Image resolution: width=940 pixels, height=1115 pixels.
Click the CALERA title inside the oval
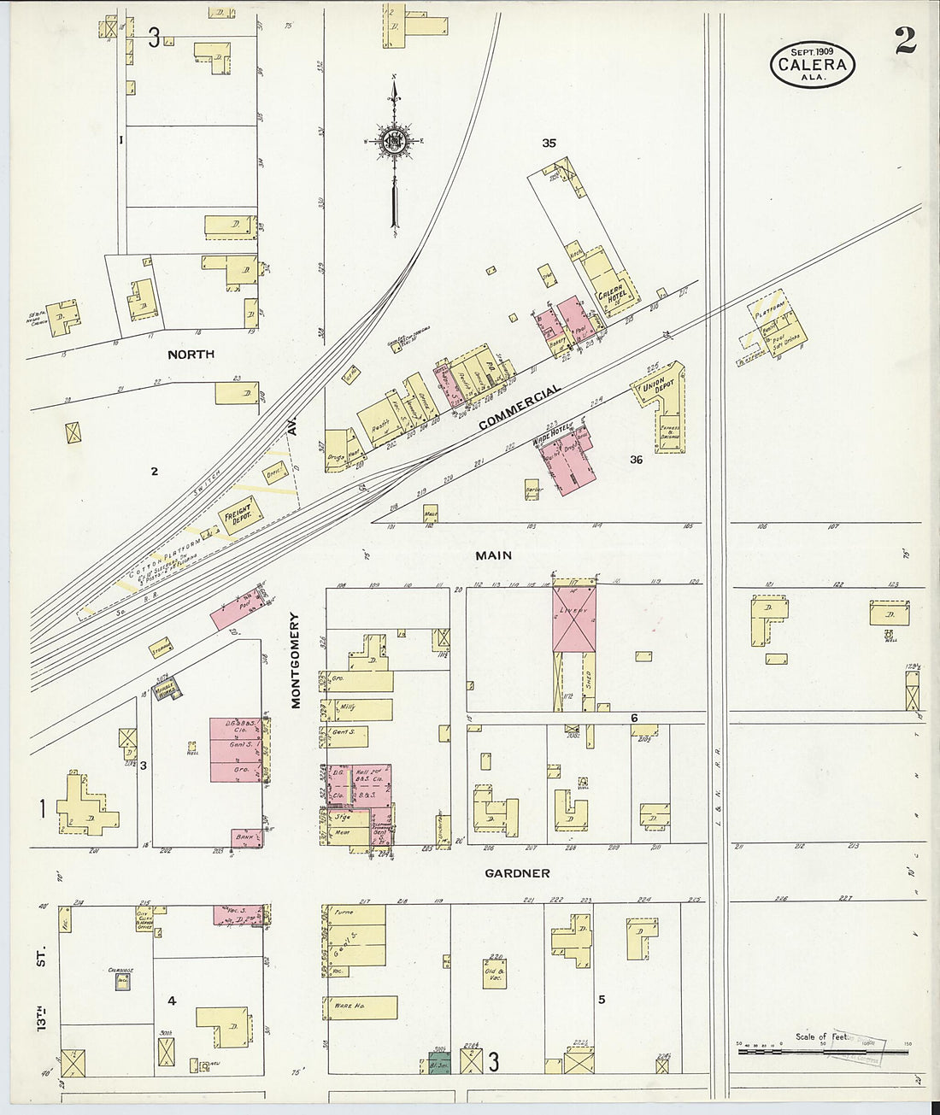pos(812,65)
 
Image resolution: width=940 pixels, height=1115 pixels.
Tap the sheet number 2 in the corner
pos(906,41)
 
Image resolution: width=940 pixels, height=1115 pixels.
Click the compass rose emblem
pos(394,141)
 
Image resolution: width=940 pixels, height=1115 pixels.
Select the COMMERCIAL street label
pos(520,408)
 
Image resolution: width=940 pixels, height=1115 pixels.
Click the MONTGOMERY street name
pos(297,660)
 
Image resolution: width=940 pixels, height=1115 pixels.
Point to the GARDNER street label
pos(517,873)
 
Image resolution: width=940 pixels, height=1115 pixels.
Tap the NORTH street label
pos(191,355)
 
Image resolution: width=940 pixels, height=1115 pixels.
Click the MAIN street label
pos(493,555)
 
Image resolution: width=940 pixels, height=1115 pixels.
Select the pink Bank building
pos(246,837)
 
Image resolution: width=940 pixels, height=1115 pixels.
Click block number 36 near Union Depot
pos(636,460)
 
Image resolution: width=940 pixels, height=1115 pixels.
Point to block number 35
pos(549,143)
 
